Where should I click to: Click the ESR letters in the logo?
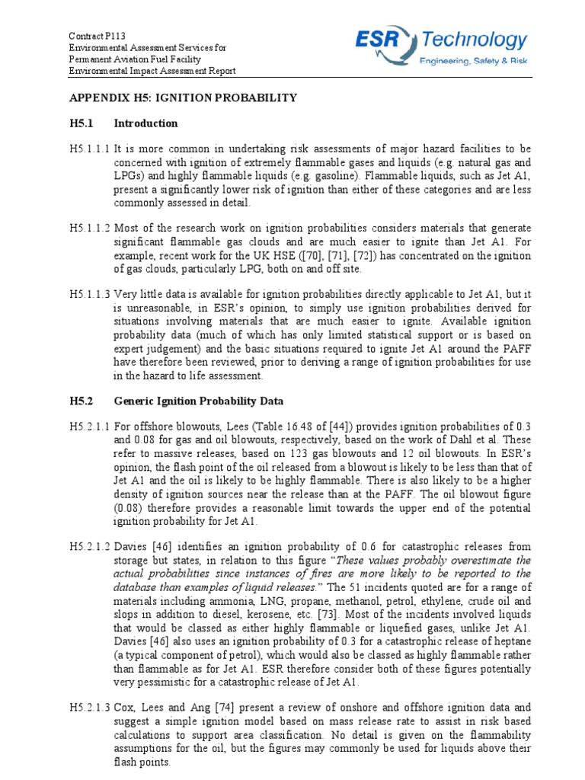pyautogui.click(x=387, y=39)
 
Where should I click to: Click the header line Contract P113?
pyautogui.click(x=97, y=35)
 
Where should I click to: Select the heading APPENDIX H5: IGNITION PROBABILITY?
pyautogui.click(x=183, y=98)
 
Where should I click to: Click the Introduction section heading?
pyautogui.click(x=145, y=123)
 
